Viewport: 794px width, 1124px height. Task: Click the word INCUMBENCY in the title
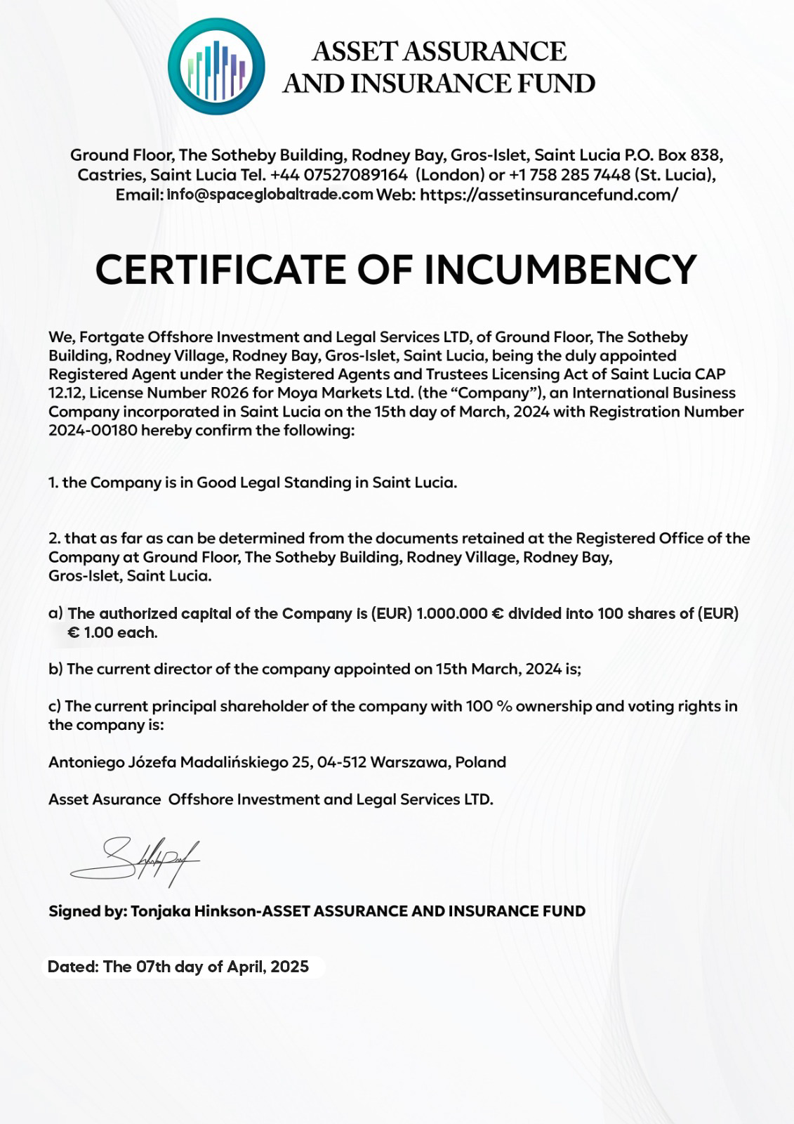(561, 270)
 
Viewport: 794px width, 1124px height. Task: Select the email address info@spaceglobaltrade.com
(270, 195)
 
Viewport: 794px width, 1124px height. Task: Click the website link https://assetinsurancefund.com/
(549, 195)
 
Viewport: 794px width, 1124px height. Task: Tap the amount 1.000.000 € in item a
(460, 613)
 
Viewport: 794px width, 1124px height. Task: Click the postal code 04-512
(342, 762)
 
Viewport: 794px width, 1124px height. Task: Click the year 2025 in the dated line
(289, 967)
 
